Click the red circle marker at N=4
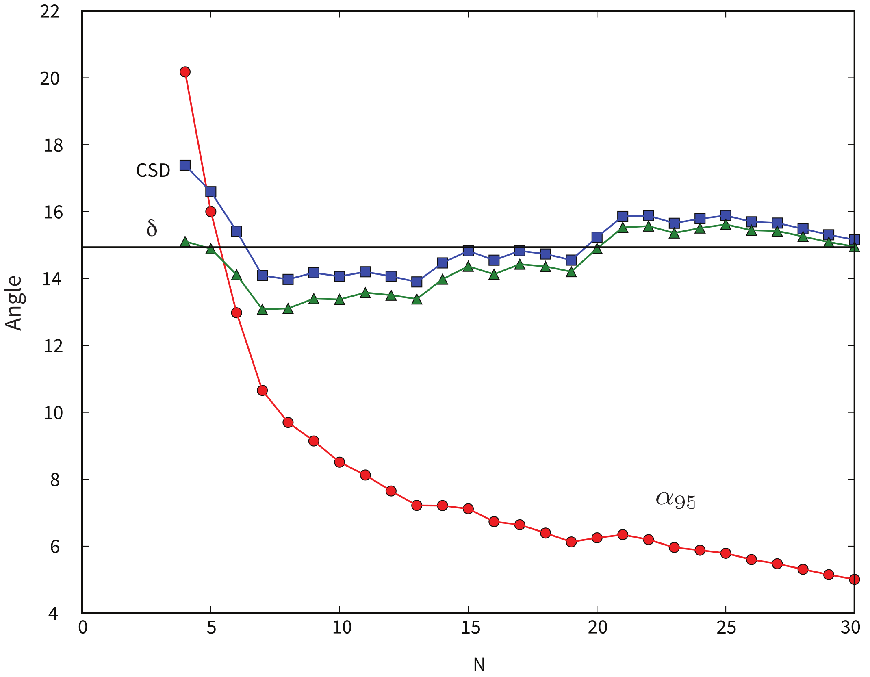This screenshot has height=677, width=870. (185, 72)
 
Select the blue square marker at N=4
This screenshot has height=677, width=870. (185, 165)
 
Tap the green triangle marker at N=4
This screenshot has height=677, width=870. (185, 242)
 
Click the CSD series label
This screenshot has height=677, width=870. (153, 171)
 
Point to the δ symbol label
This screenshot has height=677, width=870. (152, 228)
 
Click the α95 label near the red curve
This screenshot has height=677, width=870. (675, 500)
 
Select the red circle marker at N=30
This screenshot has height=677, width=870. (854, 579)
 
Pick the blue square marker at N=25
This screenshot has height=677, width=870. (726, 215)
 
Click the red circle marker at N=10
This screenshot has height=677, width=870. (340, 462)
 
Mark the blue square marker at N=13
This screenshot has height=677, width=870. (417, 282)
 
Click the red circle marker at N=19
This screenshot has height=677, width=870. (571, 542)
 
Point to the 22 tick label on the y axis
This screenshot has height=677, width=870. (50, 12)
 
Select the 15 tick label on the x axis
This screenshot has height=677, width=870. (470, 628)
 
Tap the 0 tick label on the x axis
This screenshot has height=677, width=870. (82, 628)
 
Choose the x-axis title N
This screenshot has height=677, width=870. (479, 665)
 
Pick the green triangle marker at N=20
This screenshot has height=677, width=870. (597, 249)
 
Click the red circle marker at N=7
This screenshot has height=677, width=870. (262, 391)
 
